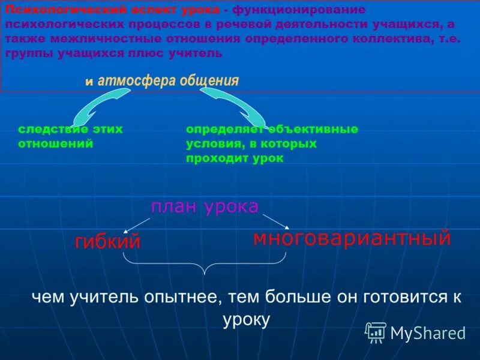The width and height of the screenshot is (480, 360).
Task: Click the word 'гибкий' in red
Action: tap(107, 241)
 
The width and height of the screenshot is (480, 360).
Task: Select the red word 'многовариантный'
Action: tap(352, 238)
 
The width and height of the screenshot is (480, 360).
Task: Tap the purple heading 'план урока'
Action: tap(205, 206)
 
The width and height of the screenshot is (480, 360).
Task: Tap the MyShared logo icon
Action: tap(376, 332)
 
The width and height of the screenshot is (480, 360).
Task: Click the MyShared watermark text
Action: tap(428, 333)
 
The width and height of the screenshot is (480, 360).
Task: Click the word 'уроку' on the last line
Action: tap(246, 319)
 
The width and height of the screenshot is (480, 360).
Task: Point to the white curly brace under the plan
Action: tap(205, 263)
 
